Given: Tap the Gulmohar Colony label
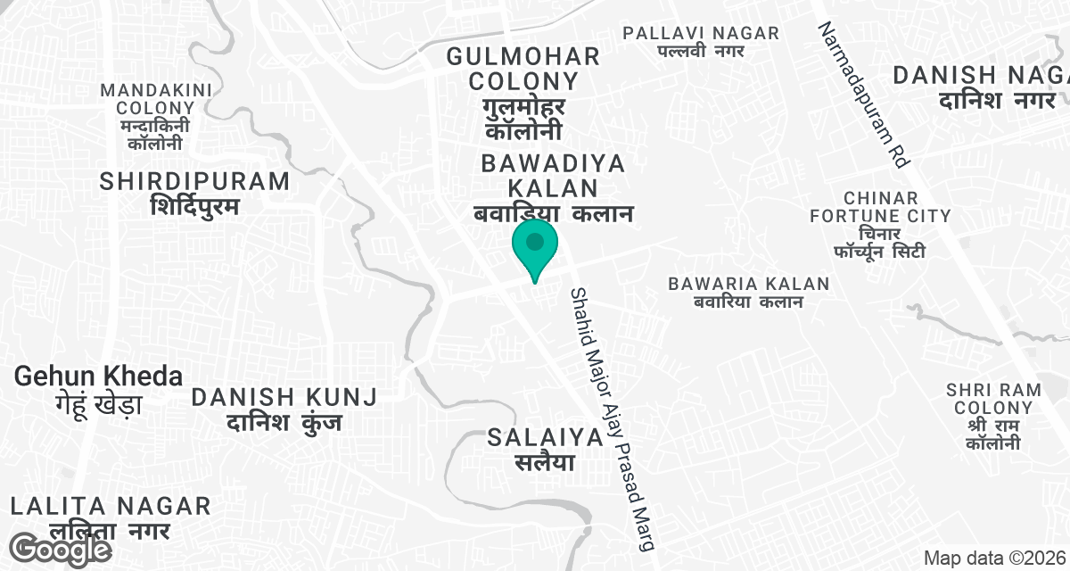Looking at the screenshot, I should tap(523, 93).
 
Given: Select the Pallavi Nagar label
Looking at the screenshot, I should tap(701, 41).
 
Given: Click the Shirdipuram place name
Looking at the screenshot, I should tap(195, 192).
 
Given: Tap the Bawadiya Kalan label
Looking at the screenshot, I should tap(553, 188).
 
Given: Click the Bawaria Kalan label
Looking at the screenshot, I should tap(749, 292).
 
